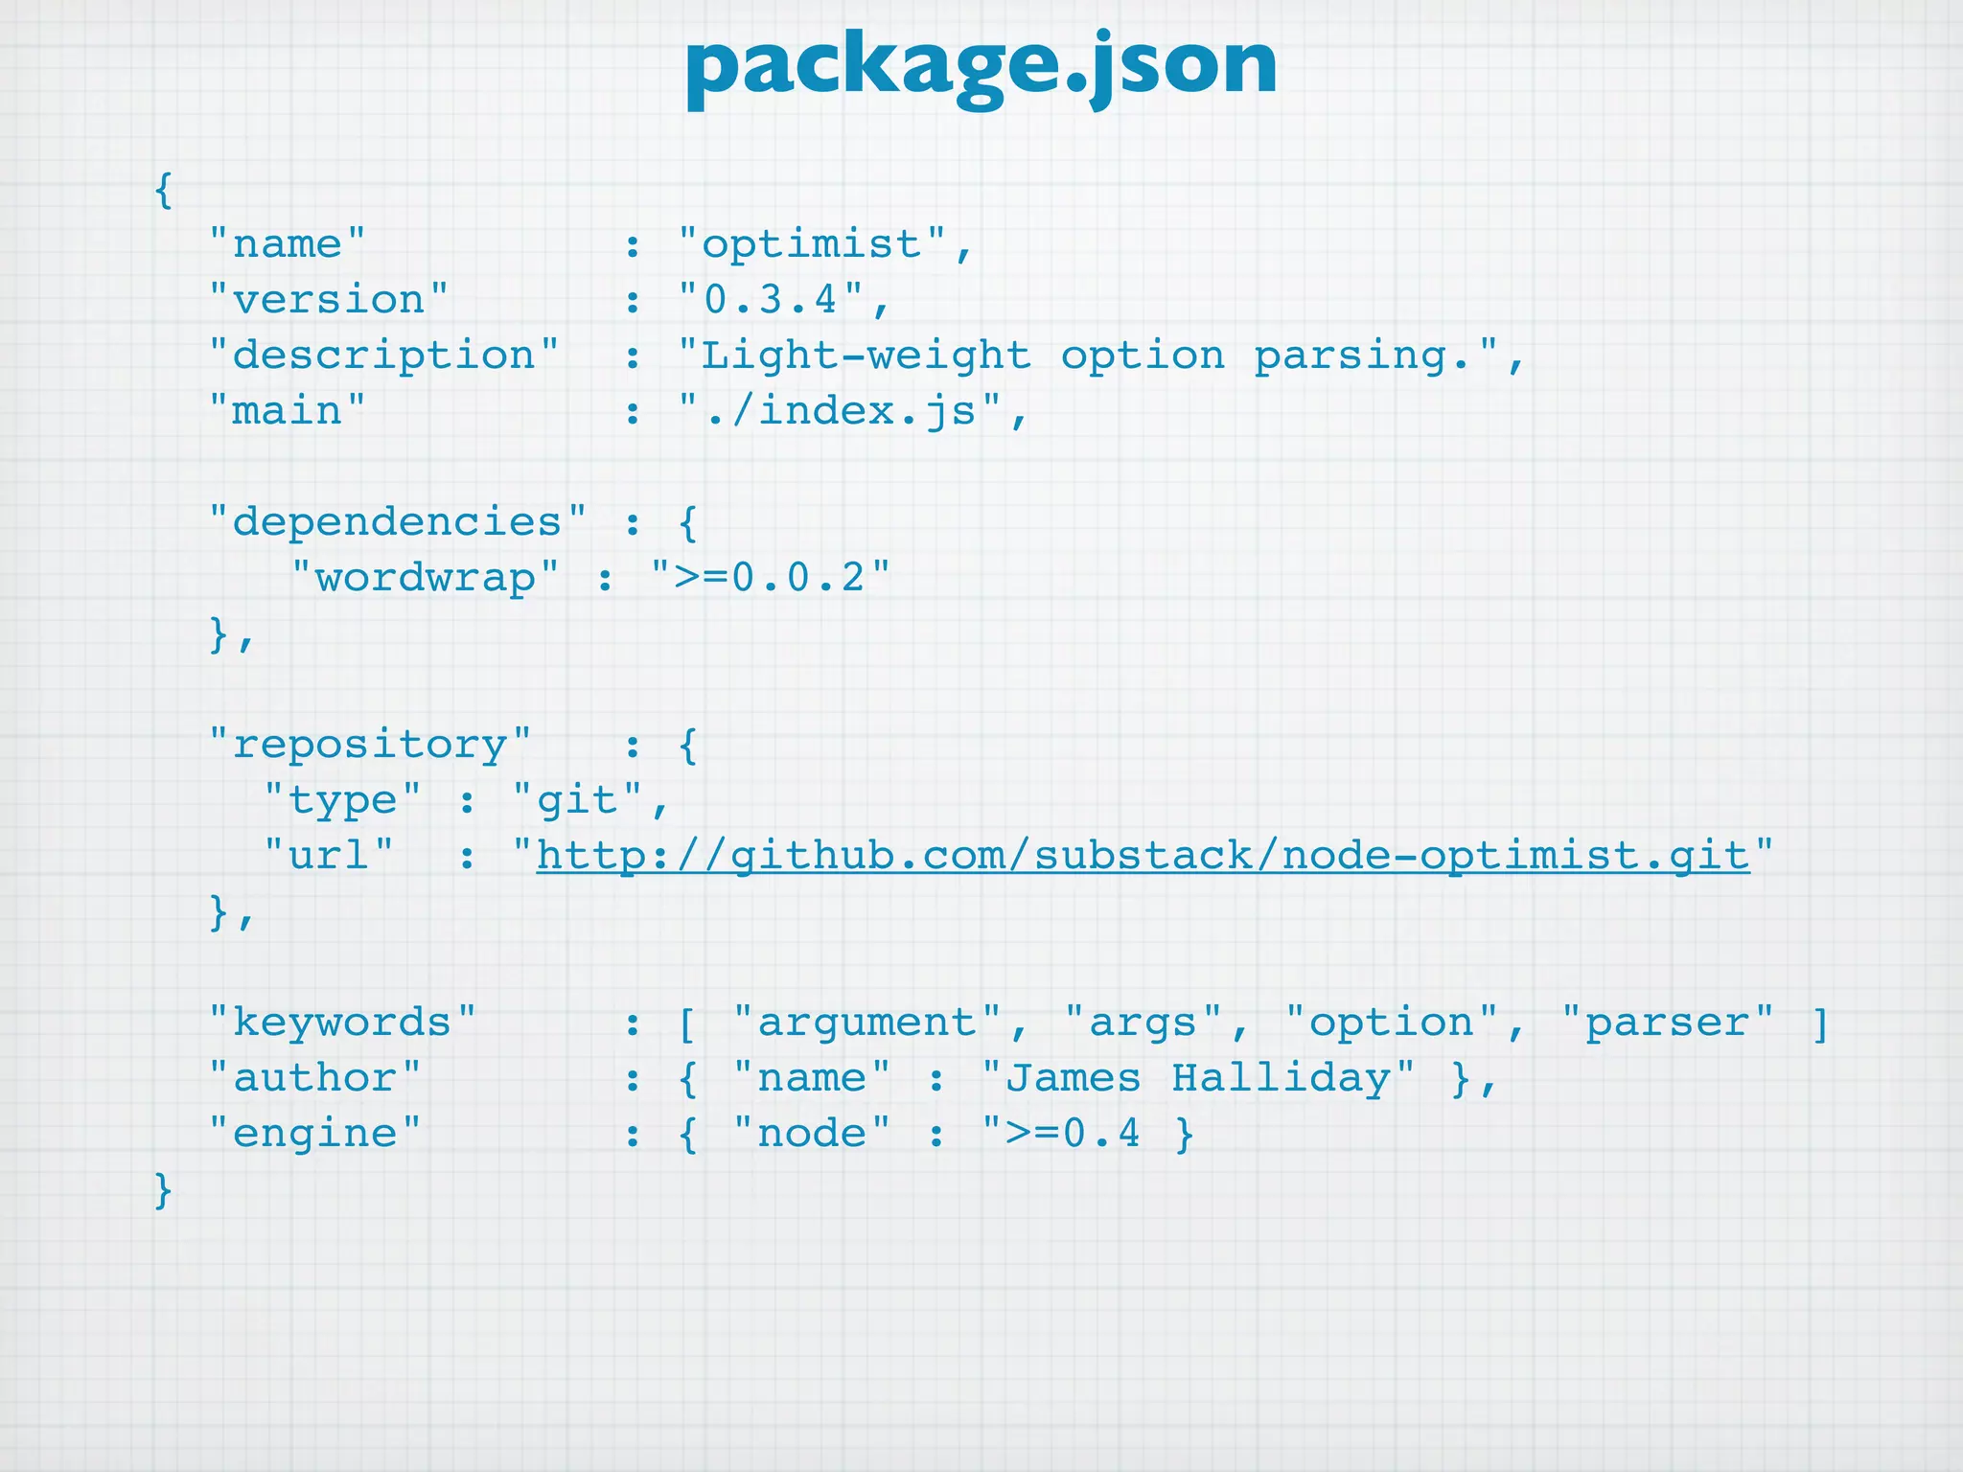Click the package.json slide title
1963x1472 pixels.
[981, 65]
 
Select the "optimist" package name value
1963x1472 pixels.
[811, 244]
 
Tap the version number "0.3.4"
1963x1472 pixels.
[771, 300]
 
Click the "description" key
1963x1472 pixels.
[383, 356]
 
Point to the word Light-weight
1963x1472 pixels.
[866, 356]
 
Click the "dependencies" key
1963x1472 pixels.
[397, 522]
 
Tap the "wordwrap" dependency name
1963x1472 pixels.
[425, 578]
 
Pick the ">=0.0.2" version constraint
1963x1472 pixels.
[770, 578]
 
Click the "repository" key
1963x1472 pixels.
[370, 745]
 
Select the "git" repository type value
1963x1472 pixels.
[577, 800]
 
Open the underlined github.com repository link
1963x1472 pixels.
[1143, 856]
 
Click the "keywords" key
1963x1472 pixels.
[342, 1023]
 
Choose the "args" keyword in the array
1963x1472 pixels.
[1143, 1023]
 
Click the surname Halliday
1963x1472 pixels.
[1281, 1078]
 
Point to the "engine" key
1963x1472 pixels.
[314, 1134]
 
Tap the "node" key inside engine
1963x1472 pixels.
[812, 1134]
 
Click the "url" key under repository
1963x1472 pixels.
[329, 856]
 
